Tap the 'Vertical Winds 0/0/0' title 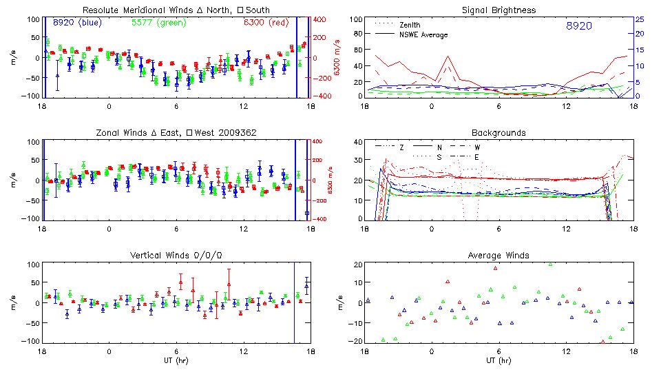coord(176,256)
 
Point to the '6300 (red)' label coord(265,23)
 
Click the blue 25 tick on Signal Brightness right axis coord(640,19)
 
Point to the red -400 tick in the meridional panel coord(320,96)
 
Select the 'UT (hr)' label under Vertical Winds coord(176,360)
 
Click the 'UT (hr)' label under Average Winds coord(499,360)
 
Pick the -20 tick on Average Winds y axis coord(354,341)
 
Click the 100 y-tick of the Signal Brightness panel coord(354,19)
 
